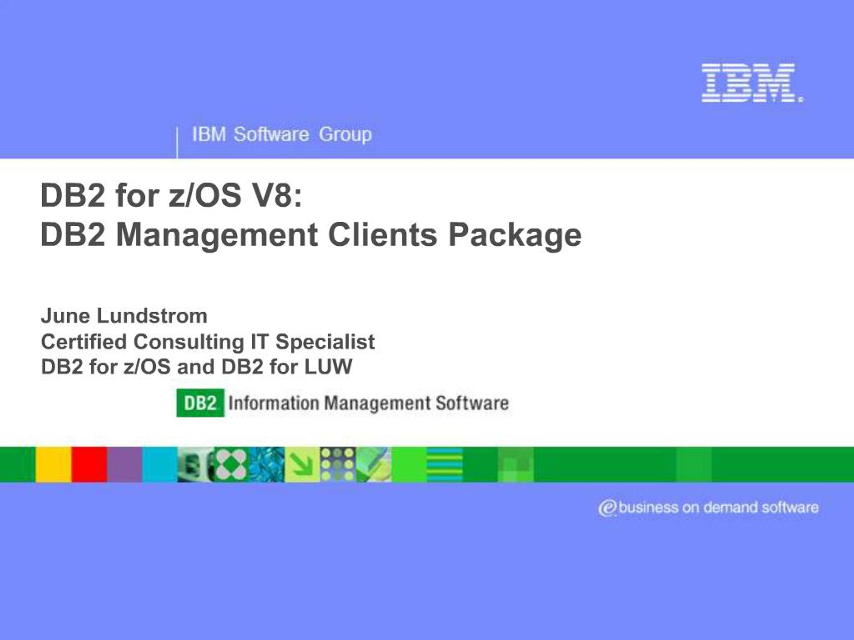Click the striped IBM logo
(753, 83)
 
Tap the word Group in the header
(345, 135)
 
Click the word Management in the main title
(217, 235)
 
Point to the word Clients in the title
(382, 235)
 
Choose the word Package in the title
(515, 235)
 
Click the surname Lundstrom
(152, 316)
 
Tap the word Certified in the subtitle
(84, 341)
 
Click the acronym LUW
(329, 366)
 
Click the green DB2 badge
(200, 403)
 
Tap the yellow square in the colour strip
(54, 464)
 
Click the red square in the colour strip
(89, 464)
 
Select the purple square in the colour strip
(125, 464)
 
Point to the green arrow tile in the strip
(302, 464)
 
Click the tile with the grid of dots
(338, 464)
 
